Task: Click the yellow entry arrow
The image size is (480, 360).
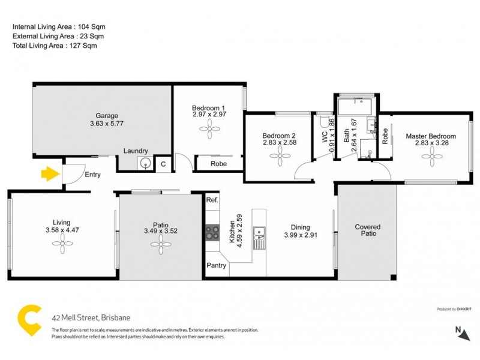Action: click(x=49, y=174)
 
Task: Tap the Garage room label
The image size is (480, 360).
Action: click(x=107, y=116)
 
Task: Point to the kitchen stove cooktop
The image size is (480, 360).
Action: click(x=212, y=232)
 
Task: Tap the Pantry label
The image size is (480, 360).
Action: click(x=216, y=265)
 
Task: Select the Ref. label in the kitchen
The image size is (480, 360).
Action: click(x=212, y=200)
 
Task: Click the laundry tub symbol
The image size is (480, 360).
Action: click(x=145, y=162)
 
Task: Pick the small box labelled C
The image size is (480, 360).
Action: click(x=163, y=163)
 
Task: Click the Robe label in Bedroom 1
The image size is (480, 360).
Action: click(x=209, y=163)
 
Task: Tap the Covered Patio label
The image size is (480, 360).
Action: click(x=368, y=231)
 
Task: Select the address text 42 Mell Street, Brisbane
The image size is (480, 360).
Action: click(x=90, y=318)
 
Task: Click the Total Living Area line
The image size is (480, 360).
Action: click(x=55, y=46)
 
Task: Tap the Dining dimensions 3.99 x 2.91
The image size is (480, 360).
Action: click(x=301, y=235)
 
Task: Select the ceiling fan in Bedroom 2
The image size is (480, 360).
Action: click(x=279, y=157)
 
